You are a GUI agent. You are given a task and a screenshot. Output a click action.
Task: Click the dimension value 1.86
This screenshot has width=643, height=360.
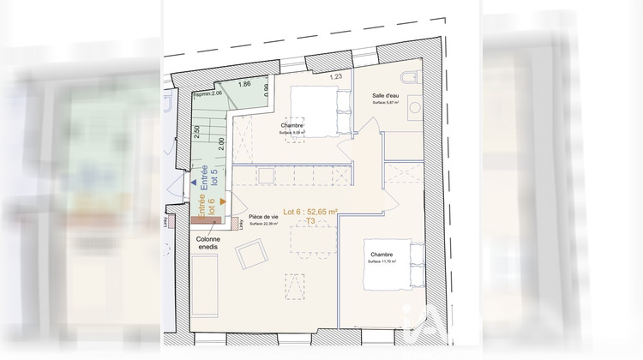click(x=244, y=84)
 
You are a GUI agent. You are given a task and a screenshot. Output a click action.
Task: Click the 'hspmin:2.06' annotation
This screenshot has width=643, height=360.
click(x=207, y=93)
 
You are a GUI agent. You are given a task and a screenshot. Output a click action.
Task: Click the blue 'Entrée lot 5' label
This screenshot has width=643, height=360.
click(x=210, y=181)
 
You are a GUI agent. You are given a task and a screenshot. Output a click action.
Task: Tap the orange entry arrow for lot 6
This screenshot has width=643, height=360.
click(x=223, y=201)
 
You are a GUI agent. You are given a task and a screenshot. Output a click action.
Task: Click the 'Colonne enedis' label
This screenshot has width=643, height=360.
click(x=208, y=243)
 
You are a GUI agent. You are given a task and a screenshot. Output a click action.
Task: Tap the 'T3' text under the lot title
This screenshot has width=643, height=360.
click(x=310, y=221)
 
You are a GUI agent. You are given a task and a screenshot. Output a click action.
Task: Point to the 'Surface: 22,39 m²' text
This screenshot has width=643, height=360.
click(x=263, y=225)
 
